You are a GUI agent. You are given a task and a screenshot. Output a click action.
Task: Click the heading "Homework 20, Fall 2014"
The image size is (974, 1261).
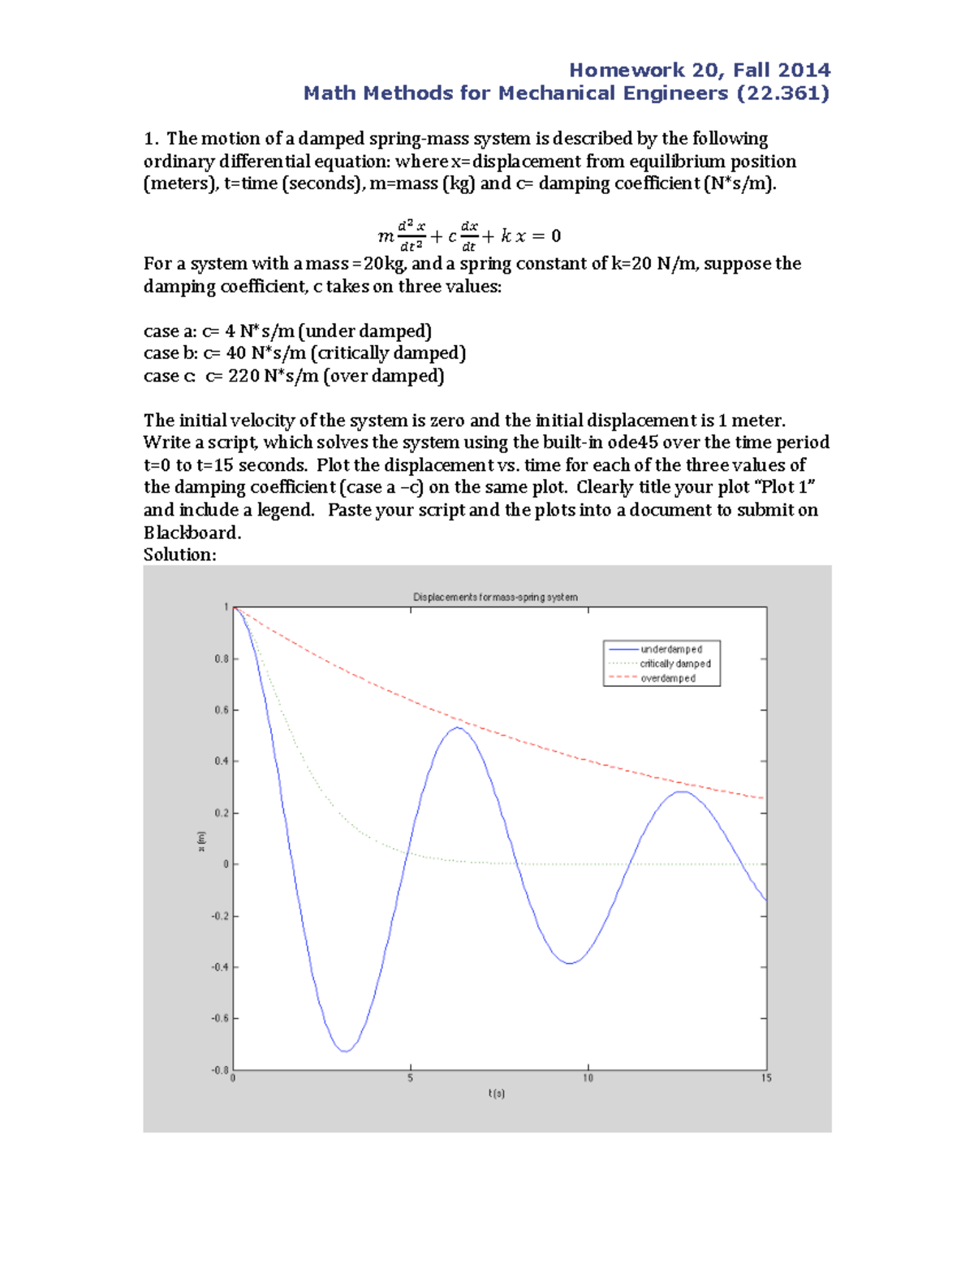699,70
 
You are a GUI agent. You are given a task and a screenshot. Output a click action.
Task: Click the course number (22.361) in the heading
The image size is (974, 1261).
782,93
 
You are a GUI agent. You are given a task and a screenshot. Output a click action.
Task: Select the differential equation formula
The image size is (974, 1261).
469,235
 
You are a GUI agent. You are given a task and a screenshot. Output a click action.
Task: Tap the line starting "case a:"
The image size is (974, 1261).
287,331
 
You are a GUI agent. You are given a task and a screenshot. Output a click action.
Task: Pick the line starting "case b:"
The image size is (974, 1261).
304,353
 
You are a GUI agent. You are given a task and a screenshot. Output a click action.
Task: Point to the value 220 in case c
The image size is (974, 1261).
243,376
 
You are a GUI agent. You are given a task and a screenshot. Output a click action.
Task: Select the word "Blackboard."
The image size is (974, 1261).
192,533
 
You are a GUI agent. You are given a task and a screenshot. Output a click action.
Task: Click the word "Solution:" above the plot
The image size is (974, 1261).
179,555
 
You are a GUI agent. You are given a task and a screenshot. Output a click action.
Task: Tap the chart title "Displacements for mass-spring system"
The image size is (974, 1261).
495,598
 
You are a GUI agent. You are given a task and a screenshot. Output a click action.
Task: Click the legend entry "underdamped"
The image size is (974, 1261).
670,650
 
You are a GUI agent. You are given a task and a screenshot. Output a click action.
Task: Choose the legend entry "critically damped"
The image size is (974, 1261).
674,664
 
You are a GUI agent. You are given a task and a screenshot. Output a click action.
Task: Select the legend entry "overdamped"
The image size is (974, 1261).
667,679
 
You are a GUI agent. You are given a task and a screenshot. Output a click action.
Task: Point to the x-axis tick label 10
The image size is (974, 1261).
588,1078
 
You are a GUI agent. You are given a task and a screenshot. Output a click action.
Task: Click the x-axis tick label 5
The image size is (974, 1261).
411,1078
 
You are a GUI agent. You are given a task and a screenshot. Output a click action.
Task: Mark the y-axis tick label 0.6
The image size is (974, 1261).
222,710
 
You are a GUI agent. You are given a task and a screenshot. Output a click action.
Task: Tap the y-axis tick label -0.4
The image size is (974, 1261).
220,968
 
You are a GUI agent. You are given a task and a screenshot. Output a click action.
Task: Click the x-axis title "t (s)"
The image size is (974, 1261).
497,1094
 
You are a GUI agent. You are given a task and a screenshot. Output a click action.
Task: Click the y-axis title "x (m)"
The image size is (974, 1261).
202,841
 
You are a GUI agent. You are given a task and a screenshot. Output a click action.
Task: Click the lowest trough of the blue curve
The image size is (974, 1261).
346,1052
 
